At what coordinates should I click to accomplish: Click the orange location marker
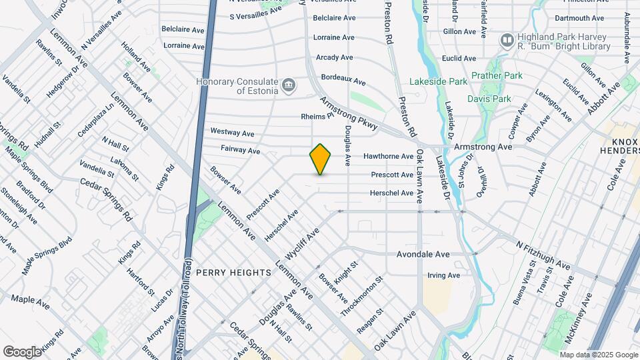pos(321,159)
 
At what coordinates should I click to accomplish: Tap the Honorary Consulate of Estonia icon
pos(289,84)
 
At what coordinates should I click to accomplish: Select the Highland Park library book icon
pos(507,41)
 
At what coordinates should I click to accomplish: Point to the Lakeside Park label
pos(448,81)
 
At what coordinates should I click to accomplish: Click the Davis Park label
pos(489,99)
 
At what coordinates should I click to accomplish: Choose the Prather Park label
pos(497,76)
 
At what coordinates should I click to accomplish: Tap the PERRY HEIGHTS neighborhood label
pos(234,273)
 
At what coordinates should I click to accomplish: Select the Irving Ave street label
pos(444,275)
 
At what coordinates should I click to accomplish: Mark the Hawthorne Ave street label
pos(389,157)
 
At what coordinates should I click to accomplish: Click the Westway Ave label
pos(233,131)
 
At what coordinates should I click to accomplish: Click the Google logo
pos(22,351)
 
